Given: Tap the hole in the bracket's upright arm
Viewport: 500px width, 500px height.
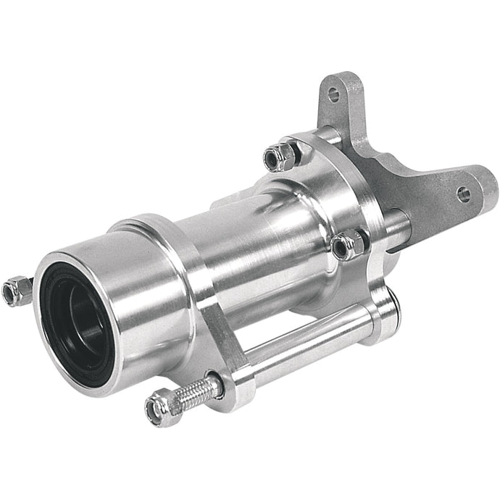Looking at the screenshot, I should [333, 94].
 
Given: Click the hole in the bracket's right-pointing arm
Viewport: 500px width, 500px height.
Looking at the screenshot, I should [462, 193].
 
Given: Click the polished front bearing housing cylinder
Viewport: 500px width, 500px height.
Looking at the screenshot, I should [138, 290].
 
